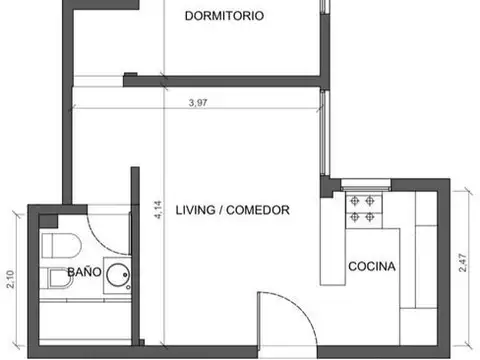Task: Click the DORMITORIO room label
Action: (x=225, y=16)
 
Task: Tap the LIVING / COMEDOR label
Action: (x=232, y=211)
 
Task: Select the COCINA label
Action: (x=372, y=267)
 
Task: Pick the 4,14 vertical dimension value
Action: (x=157, y=212)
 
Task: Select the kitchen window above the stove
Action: (x=365, y=184)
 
